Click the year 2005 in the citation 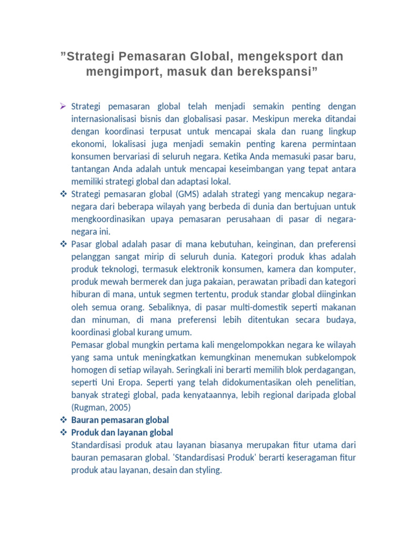(x=119, y=407)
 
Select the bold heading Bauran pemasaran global (x=119, y=420)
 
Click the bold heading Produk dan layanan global (x=122, y=433)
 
